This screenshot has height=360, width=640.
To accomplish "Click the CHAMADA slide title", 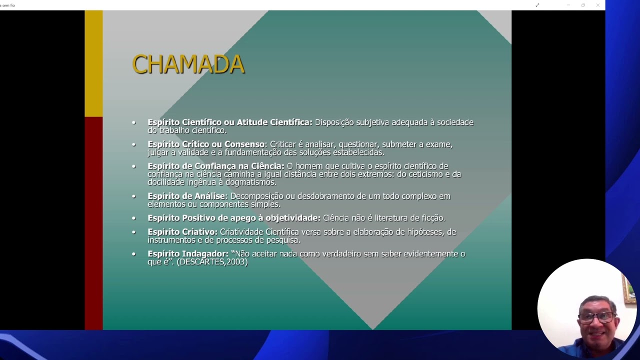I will click(188, 64).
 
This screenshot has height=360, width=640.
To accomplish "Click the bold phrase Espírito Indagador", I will click(187, 254).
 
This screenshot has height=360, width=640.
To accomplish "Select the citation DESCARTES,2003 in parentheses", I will click(212, 261).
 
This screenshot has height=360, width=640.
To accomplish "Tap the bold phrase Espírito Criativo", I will click(182, 232).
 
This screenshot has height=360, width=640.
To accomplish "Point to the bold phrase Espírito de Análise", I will click(187, 196).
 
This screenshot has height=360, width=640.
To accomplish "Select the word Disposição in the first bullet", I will click(334, 122).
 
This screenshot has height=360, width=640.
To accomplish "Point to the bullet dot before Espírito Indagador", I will click(133, 254).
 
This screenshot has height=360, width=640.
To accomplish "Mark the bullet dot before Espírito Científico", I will click(133, 122).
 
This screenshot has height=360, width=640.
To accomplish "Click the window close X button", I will click(598, 5).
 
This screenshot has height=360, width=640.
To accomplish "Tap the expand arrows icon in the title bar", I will click(537, 5).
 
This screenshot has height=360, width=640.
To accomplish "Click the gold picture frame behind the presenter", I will click(628, 290).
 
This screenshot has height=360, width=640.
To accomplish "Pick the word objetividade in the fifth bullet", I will click(292, 218).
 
